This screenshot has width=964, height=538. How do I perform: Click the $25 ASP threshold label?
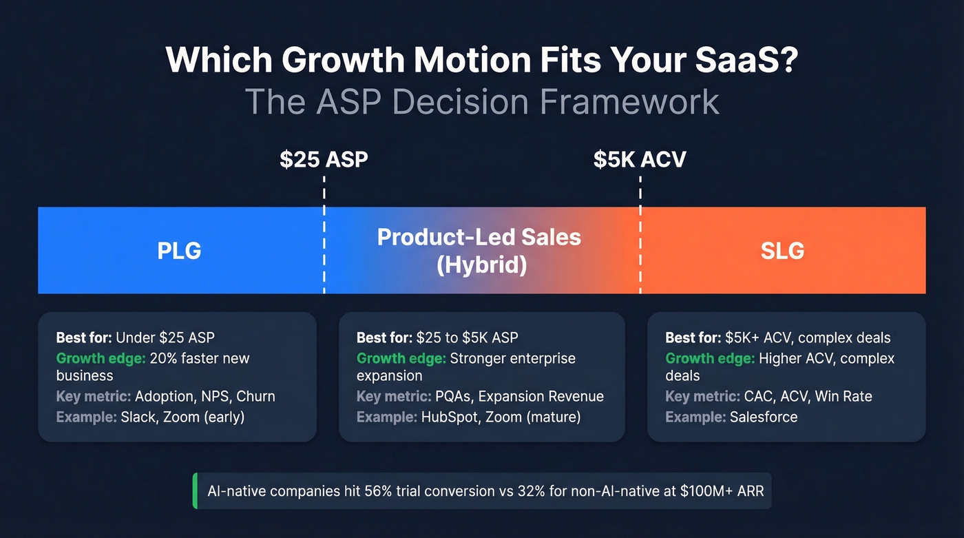(x=324, y=159)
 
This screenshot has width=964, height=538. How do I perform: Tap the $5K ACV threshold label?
(x=640, y=159)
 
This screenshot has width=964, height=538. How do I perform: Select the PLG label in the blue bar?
(x=179, y=251)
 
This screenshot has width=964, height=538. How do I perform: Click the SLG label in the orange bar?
(x=782, y=251)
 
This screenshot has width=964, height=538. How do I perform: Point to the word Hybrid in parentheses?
(x=481, y=265)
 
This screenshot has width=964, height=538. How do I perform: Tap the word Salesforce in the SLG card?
(x=764, y=417)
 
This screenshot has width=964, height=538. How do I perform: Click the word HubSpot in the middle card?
(x=449, y=417)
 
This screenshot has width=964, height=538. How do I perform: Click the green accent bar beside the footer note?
(x=196, y=491)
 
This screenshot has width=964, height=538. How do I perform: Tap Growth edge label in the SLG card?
(x=709, y=358)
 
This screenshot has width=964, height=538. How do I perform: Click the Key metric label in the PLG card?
(x=93, y=396)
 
